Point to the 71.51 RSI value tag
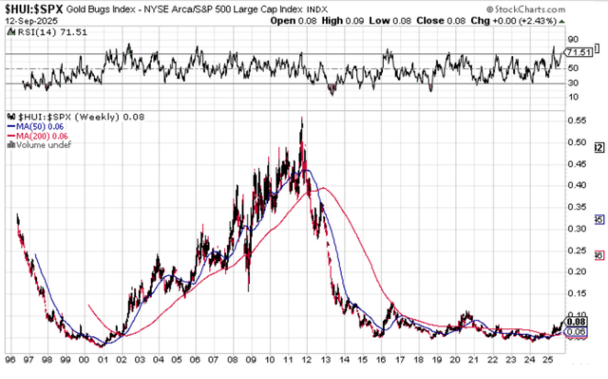click(578, 52)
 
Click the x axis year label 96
click(10, 360)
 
